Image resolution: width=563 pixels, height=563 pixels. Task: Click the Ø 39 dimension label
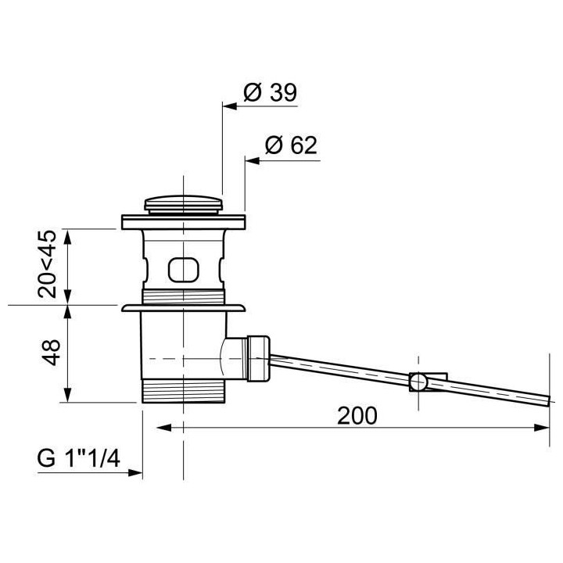pos(270,92)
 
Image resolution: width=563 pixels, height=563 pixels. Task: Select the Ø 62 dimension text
pos(291,145)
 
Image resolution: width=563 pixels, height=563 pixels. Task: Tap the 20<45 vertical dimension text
pos(48,264)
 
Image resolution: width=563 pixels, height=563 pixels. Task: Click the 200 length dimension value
pos(357,416)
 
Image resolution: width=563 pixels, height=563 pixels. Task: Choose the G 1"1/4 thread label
pos(78,458)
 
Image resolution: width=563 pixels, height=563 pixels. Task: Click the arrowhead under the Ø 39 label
pos(230,106)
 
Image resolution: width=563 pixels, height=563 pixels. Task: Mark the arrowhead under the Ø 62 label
pos(252,161)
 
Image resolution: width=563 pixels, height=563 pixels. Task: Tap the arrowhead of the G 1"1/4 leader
pos(135,473)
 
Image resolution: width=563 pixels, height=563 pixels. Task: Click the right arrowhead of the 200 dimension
pos(542,428)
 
